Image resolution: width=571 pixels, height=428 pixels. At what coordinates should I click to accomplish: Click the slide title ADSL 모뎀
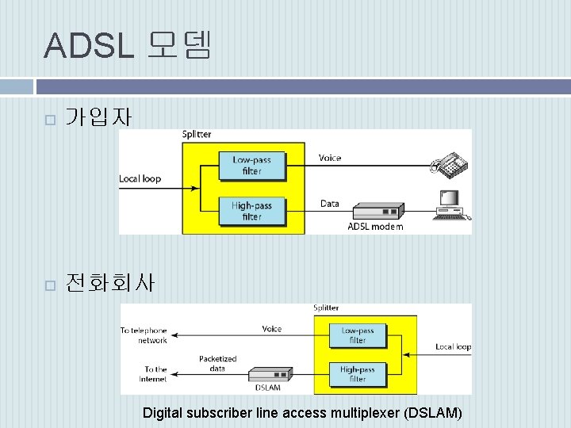click(x=128, y=45)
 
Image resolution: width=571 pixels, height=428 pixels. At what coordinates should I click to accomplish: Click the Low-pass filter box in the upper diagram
click(x=251, y=165)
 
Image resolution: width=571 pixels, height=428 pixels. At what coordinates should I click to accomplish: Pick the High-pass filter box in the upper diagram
click(x=251, y=211)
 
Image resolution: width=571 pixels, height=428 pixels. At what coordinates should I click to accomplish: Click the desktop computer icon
click(x=451, y=204)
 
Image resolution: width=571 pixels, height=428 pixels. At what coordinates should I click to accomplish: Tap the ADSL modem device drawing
click(x=377, y=212)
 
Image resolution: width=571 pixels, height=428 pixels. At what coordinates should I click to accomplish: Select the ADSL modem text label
click(x=375, y=227)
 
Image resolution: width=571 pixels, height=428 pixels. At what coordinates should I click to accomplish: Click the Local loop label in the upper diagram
click(x=140, y=178)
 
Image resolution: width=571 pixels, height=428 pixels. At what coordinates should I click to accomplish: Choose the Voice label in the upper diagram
click(x=330, y=158)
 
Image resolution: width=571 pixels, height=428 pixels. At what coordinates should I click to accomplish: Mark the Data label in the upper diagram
click(x=330, y=204)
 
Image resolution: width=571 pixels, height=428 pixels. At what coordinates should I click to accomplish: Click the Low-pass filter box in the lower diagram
click(x=358, y=335)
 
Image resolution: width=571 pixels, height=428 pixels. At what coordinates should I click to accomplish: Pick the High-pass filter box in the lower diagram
click(x=358, y=374)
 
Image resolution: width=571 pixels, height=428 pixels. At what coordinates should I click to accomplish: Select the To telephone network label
click(x=144, y=335)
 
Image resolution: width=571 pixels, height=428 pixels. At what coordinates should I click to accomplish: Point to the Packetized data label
click(x=217, y=364)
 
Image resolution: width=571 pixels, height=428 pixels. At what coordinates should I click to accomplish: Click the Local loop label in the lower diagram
click(x=453, y=347)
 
